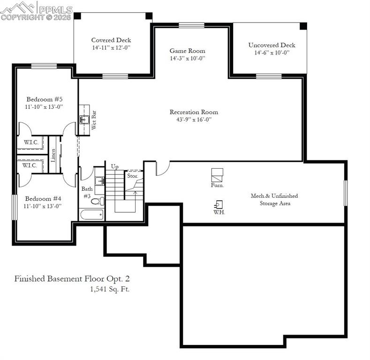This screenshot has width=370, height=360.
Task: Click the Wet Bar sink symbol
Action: [x=84, y=119]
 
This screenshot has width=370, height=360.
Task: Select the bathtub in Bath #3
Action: [x=92, y=215]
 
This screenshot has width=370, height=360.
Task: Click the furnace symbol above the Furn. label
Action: [x=217, y=175]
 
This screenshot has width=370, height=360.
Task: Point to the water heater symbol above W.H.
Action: [x=219, y=205]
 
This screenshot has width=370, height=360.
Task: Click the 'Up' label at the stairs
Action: [x=114, y=166]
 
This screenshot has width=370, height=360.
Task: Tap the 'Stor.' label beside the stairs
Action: [x=132, y=176]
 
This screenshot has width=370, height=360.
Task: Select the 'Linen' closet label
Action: [x=53, y=155]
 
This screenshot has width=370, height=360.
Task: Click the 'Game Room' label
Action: [x=187, y=51]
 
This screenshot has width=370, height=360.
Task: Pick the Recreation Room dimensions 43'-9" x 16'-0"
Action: [x=194, y=120]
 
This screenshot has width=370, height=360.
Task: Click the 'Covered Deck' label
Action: [x=111, y=40]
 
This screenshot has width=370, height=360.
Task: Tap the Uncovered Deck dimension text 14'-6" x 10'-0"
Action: [x=272, y=53]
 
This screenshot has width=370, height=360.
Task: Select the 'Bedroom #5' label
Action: [x=45, y=99]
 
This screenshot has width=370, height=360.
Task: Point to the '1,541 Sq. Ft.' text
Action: [x=110, y=289]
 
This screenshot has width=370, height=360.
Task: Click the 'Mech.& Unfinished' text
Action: [x=274, y=195]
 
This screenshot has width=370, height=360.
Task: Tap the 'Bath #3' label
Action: [x=87, y=192]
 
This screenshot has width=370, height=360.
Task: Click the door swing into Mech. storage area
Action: [x=161, y=169]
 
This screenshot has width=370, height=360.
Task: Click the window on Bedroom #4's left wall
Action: [x=14, y=206]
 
